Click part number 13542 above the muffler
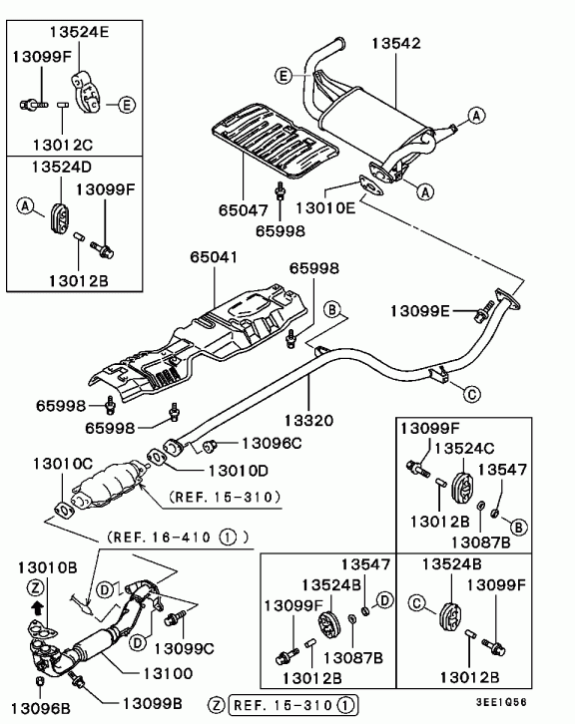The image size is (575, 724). (x=396, y=43)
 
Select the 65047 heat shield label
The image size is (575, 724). (x=244, y=210)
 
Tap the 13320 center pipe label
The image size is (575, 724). (x=308, y=420)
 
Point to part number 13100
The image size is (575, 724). (x=168, y=674)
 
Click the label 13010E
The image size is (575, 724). (x=325, y=207)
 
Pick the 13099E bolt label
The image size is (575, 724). (x=419, y=311)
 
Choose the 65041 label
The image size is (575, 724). (x=214, y=257)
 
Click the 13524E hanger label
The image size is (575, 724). (x=79, y=32)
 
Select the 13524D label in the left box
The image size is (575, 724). (x=62, y=167)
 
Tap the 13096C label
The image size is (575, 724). (x=272, y=443)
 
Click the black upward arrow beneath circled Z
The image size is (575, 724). (x=38, y=608)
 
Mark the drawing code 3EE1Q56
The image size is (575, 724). (x=501, y=702)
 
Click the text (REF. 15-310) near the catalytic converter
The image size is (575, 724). (x=225, y=498)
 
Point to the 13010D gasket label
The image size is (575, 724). (x=238, y=471)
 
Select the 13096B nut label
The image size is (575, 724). (x=41, y=707)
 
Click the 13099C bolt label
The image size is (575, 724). (x=184, y=649)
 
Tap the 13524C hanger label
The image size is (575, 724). (x=464, y=448)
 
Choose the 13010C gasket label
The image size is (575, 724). (x=63, y=463)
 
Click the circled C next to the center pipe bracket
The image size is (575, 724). (x=471, y=394)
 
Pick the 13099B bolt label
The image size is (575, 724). (x=152, y=703)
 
